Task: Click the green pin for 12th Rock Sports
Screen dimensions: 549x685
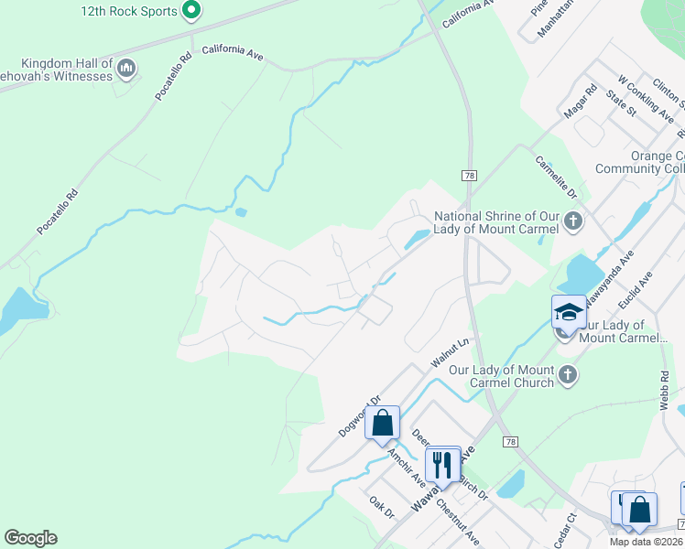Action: (x=190, y=11)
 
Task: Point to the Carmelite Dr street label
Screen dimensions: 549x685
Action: (x=555, y=176)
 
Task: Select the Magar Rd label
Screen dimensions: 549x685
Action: (x=581, y=100)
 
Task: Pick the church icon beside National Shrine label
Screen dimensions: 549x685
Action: (x=572, y=221)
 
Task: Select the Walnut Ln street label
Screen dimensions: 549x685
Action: (x=451, y=355)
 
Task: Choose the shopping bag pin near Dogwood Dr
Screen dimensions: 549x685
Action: (x=383, y=424)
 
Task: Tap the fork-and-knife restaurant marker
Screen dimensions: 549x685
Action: (x=442, y=464)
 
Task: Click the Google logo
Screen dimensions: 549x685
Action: (x=31, y=538)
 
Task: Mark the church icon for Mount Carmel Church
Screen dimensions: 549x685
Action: (x=568, y=374)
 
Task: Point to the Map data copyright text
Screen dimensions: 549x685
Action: (x=646, y=542)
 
